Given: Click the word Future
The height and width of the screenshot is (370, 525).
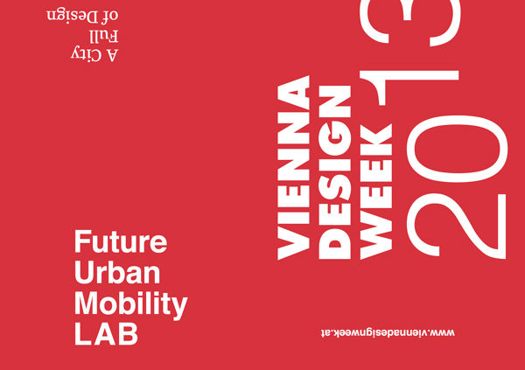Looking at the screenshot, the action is coord(121,241).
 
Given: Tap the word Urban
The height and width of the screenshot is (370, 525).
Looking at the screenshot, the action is coord(117,273).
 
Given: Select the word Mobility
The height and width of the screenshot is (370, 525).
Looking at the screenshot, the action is coord(131,305).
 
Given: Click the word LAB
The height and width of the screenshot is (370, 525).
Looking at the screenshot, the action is coord(106,334).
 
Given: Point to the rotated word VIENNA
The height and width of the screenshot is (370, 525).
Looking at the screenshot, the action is coord(294,168).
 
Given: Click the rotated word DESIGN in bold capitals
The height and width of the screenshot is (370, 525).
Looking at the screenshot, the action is coord(335,172).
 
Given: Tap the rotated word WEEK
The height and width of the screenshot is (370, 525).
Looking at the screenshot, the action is coord(376,192).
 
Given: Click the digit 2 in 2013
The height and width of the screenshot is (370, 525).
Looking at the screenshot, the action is coord(456,226).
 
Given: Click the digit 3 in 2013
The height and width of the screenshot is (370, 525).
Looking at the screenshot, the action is coord(410,22).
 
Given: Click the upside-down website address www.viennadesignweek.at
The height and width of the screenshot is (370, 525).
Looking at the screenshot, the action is coord(388,333).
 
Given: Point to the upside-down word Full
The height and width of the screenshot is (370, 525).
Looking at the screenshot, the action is coord(104,36).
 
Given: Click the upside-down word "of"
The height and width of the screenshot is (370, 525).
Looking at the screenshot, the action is coord(111,16).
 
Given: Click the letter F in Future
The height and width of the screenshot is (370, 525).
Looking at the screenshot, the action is coord(82,241).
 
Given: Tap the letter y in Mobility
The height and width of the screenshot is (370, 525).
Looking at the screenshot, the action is coord(180,309).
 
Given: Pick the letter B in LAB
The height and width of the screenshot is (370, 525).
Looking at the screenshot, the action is coord(129,334).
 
